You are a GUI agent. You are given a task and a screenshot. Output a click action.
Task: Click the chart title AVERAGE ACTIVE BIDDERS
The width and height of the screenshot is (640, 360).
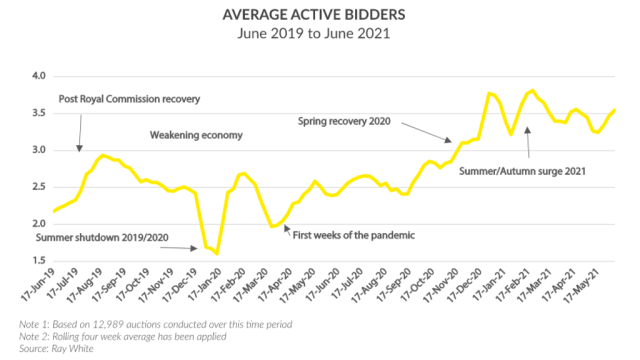pos(320,14)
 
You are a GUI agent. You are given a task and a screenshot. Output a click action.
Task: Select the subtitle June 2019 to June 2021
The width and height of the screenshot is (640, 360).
pos(320,34)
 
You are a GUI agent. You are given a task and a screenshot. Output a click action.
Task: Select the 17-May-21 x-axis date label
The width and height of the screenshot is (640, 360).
pos(594,286)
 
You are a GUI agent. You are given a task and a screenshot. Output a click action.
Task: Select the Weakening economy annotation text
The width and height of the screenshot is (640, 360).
pos(196,135)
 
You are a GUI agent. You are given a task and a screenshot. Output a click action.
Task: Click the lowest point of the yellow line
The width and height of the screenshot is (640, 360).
pos(217,254)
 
